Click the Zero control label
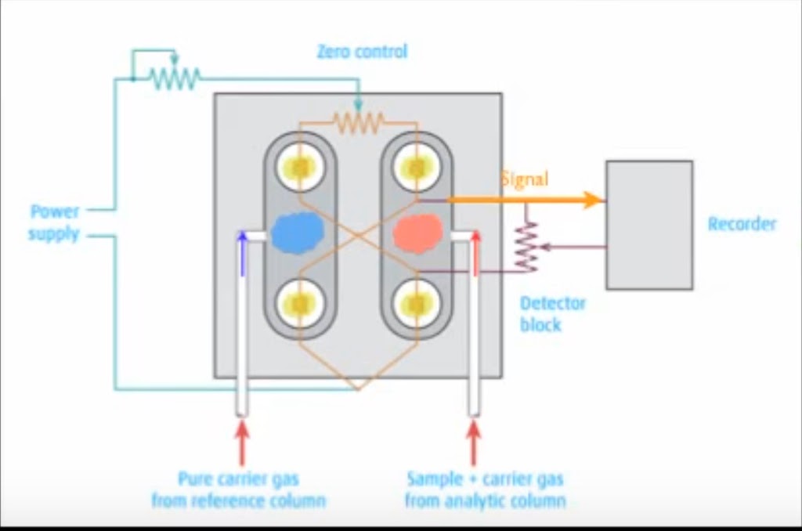pyautogui.click(x=362, y=52)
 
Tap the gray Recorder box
pyautogui.click(x=648, y=225)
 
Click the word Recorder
pyautogui.click(x=741, y=224)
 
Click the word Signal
pyautogui.click(x=524, y=179)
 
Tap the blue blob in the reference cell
pyautogui.click(x=298, y=232)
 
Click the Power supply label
pyautogui.click(x=54, y=222)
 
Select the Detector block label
pyautogui.click(x=552, y=313)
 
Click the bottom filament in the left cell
pyautogui.click(x=300, y=302)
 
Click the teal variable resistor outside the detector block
pyautogui.click(x=175, y=77)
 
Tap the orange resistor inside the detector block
pyautogui.click(x=358, y=121)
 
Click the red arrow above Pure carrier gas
pyautogui.click(x=242, y=442)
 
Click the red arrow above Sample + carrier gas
pyautogui.click(x=473, y=442)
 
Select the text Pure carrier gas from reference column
pyautogui.click(x=238, y=489)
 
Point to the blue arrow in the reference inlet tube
pyautogui.click(x=242, y=253)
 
